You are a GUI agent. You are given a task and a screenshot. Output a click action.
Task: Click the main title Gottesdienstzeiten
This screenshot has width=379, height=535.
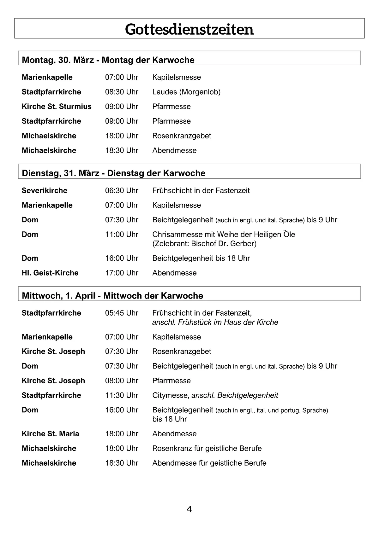click(189, 29)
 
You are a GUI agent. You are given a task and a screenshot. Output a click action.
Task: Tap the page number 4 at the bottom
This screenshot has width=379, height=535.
click(189, 509)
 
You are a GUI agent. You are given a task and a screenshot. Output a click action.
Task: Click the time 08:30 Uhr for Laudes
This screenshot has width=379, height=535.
click(122, 92)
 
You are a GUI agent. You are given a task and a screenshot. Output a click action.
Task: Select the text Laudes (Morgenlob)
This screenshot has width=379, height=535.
click(186, 92)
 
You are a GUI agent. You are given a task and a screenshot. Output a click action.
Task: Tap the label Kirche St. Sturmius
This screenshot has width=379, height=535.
click(57, 107)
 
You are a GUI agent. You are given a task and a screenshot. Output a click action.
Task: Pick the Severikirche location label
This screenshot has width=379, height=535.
click(45, 190)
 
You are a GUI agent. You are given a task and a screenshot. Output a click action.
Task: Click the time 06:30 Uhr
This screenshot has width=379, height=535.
click(122, 190)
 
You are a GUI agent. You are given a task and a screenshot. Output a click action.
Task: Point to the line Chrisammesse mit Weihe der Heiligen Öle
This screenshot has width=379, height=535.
click(224, 234)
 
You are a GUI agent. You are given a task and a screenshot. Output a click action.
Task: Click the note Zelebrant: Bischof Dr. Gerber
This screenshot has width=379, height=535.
click(204, 243)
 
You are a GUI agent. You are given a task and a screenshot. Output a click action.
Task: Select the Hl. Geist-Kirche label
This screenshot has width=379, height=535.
click(50, 273)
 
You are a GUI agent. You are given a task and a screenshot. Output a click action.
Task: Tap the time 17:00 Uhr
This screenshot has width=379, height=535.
click(122, 273)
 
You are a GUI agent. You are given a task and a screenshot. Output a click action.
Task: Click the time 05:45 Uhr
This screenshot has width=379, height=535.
click(122, 313)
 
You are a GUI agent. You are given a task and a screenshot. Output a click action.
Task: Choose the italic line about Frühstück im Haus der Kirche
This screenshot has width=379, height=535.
click(215, 322)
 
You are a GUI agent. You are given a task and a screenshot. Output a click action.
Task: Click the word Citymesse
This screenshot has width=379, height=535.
click(171, 395)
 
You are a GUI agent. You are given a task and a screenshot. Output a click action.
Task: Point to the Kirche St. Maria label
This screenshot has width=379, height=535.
click(51, 434)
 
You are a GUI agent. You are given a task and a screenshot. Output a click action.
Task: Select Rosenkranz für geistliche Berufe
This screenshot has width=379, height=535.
click(207, 448)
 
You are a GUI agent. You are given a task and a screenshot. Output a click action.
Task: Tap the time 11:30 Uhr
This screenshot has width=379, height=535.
click(122, 395)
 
